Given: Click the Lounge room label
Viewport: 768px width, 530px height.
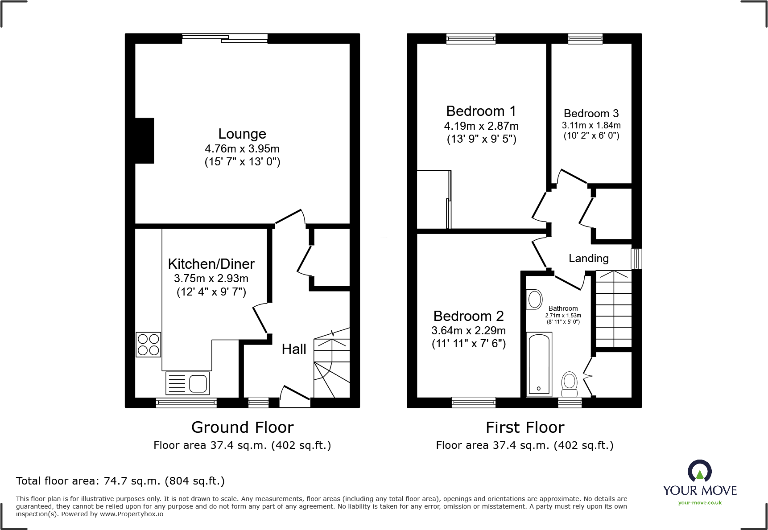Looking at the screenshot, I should tap(242, 134).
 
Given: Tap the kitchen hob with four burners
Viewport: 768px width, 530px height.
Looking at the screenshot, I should tap(149, 345).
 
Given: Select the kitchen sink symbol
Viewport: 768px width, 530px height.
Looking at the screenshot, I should tap(188, 383).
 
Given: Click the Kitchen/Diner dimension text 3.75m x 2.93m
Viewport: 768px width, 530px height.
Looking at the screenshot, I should tap(211, 279).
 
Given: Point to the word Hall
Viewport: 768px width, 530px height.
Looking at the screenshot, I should tap(294, 349).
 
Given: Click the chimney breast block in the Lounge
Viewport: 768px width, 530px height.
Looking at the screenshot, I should tap(145, 140).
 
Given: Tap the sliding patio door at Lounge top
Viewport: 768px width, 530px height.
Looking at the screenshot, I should tap(224, 39).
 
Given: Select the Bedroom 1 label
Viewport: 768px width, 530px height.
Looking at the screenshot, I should tap(481, 111).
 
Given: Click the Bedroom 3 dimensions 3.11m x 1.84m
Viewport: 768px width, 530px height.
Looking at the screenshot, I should tap(591, 126).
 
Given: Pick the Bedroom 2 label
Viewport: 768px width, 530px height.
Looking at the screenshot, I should tap(468, 316).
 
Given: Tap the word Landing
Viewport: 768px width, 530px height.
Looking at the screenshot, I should tap(588, 259).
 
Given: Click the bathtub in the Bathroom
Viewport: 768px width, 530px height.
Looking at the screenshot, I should tap(539, 364).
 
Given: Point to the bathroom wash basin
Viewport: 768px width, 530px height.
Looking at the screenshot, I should tap(534, 299).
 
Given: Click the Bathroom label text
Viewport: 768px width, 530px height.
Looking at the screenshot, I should tap(563, 308).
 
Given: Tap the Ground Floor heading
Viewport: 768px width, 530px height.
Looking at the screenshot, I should tap(242, 427).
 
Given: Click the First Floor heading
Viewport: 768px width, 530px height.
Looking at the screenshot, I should tap(525, 427).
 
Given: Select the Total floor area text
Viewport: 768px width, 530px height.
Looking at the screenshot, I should tap(120, 481).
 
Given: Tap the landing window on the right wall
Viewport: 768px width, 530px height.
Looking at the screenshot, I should tap(636, 259).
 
